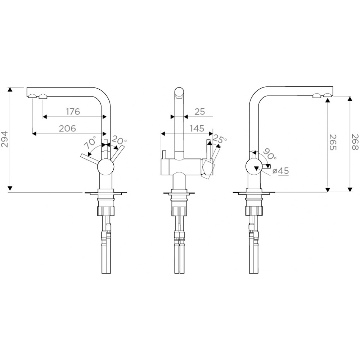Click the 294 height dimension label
(5, 139)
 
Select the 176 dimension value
(73, 112)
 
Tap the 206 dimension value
(67, 129)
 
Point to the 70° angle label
(90, 143)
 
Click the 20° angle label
(119, 140)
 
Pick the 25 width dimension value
(199, 112)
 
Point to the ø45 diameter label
(280, 171)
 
